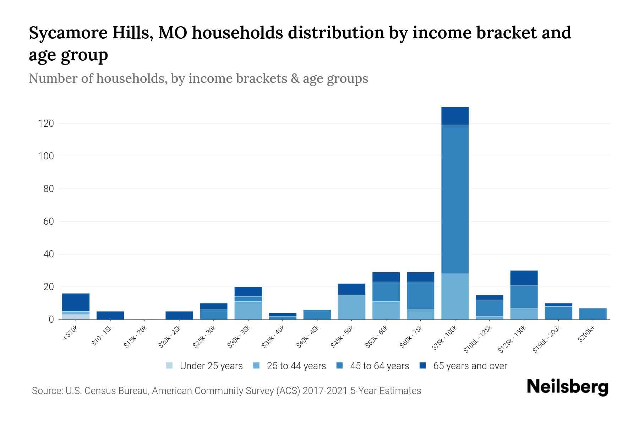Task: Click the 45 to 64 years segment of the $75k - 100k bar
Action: tap(455, 199)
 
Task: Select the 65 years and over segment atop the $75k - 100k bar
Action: tap(455, 116)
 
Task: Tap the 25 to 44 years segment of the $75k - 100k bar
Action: tap(455, 296)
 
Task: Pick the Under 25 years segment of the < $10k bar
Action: tap(76, 317)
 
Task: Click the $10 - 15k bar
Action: tap(110, 315)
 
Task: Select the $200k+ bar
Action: tap(593, 314)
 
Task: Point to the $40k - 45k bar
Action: tap(317, 315)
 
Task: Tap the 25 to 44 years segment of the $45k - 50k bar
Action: tap(351, 307)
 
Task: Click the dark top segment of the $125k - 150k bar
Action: tap(524, 278)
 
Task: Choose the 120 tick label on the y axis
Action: tap(47, 124)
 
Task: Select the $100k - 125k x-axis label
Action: tap(478, 339)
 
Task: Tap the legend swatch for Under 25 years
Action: tap(170, 366)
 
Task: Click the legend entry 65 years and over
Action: tap(470, 366)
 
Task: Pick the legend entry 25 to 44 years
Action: tap(296, 366)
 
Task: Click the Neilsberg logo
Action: tap(567, 387)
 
